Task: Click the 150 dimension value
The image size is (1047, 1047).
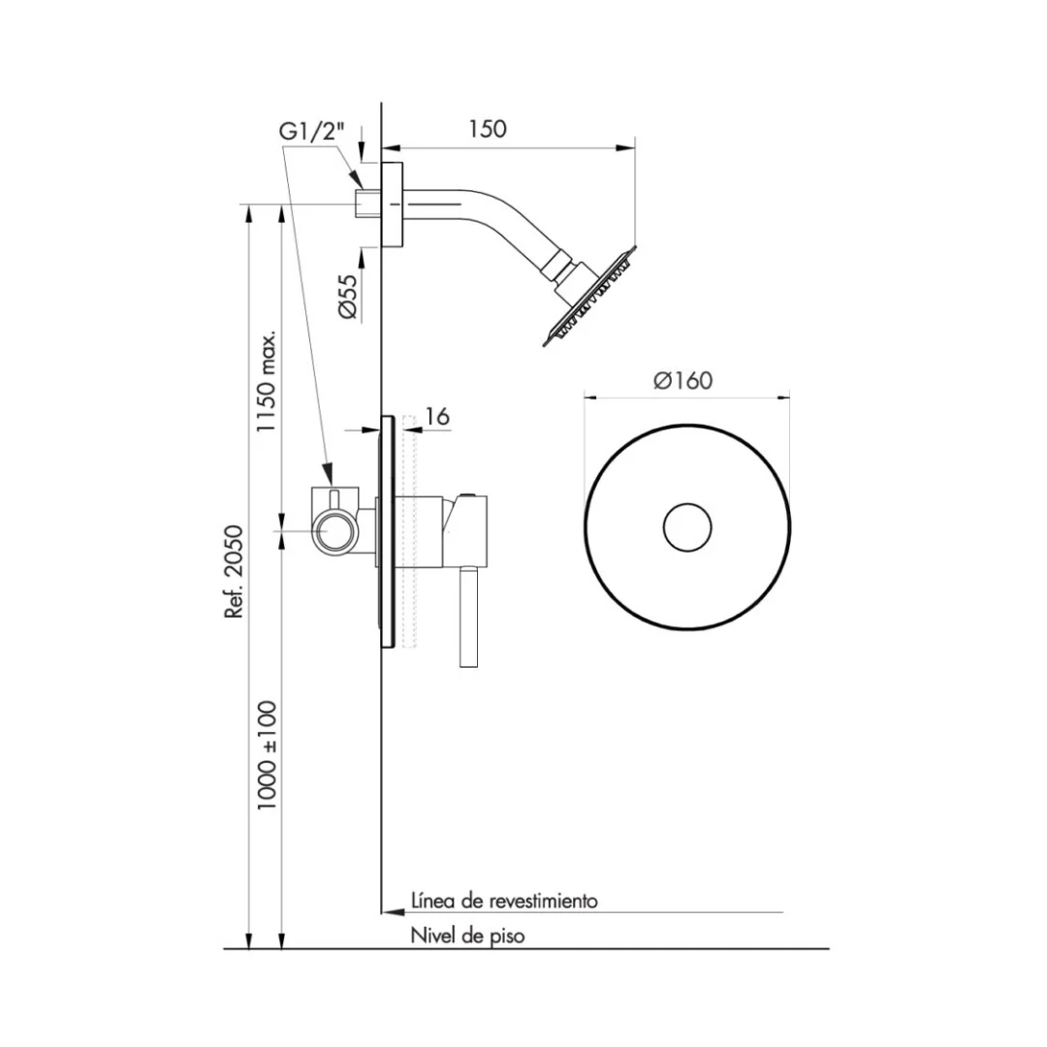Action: [488, 128]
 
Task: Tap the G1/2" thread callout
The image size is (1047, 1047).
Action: [312, 132]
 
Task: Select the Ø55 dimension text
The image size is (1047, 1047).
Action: [348, 296]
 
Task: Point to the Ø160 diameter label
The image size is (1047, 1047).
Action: [683, 381]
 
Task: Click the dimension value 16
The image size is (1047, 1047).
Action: [436, 417]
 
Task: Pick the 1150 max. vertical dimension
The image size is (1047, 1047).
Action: [268, 381]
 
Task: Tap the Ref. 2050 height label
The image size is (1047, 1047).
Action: [235, 572]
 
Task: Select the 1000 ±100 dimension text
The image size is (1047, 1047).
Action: [268, 755]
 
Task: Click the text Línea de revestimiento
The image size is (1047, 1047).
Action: [504, 901]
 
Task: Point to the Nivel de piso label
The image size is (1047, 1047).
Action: [467, 936]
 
